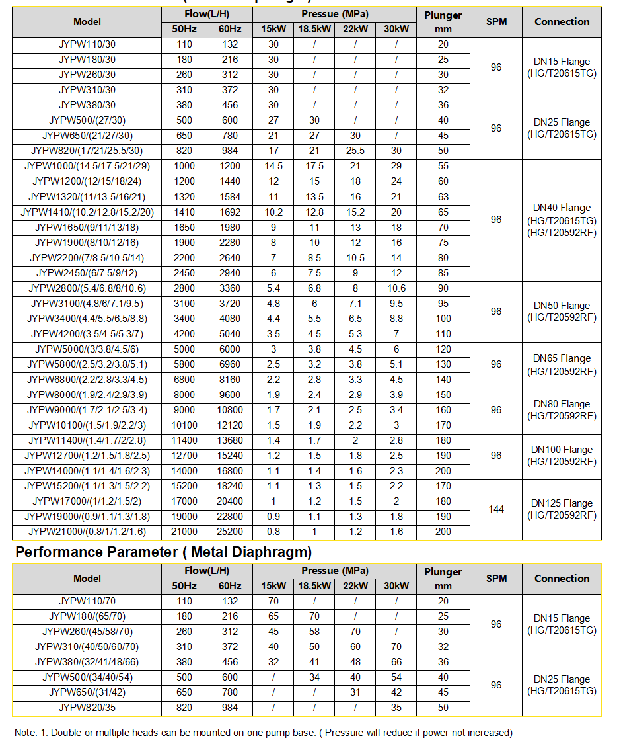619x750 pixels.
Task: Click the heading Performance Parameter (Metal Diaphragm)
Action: (x=163, y=552)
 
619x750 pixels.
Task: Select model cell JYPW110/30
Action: (x=87, y=44)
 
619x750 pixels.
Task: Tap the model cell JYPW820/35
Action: (x=87, y=708)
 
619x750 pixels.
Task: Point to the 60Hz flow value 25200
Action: (x=225, y=532)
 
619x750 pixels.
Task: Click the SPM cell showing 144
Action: (x=496, y=509)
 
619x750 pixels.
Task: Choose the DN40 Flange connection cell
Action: (x=562, y=220)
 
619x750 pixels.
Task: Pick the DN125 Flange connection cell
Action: (x=562, y=509)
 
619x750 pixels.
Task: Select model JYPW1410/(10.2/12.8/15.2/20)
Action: (x=87, y=212)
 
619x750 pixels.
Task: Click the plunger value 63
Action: (x=443, y=197)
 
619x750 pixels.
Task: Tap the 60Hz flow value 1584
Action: (x=225, y=197)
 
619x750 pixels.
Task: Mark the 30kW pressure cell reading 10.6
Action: (x=396, y=288)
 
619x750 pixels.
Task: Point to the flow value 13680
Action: (x=225, y=440)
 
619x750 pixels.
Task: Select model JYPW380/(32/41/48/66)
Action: (x=87, y=662)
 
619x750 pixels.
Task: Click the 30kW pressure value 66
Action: (x=396, y=662)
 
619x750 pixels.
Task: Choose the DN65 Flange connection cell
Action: (x=562, y=364)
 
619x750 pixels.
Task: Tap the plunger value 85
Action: (x=443, y=273)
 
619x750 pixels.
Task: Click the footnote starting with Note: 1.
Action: (x=263, y=733)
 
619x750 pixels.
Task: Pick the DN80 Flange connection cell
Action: (x=562, y=410)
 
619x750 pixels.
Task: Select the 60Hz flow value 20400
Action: (x=225, y=501)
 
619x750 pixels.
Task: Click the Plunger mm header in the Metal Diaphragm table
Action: (x=443, y=578)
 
